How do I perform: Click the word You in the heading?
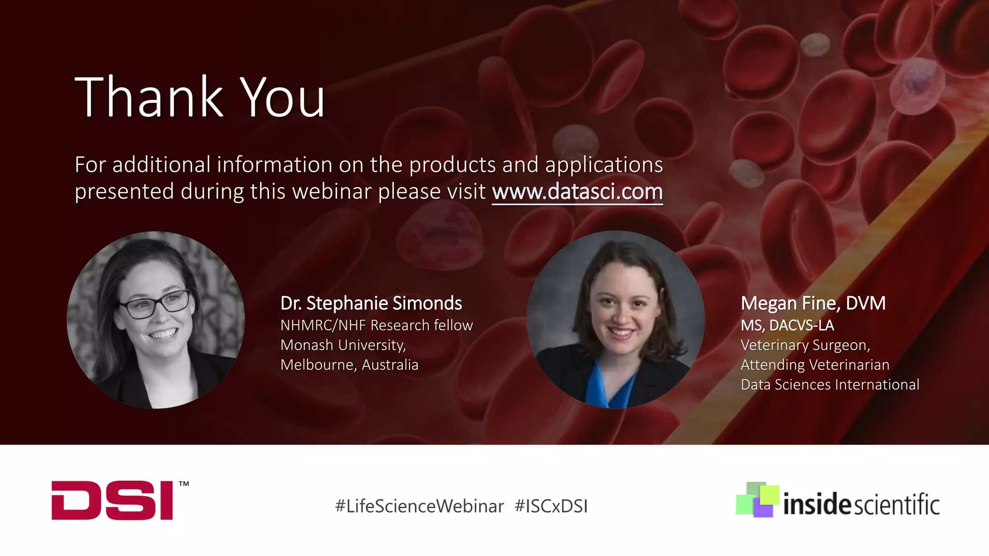point(283,98)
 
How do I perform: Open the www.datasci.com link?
point(577,192)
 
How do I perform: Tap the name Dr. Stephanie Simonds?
point(371,304)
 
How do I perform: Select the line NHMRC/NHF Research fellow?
point(376,325)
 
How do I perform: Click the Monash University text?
point(343,345)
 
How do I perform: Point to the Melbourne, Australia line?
point(349,365)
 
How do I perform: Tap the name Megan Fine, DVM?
point(813,304)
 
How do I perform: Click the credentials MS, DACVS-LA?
point(787,325)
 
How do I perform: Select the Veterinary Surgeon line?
point(805,345)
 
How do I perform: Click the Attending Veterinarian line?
point(815,365)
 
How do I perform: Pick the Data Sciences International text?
point(830,385)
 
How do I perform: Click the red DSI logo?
point(112,500)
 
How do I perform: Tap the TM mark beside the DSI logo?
point(184,484)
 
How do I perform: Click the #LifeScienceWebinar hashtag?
point(419,506)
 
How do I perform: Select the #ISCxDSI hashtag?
point(551,506)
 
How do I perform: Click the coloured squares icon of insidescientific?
point(757,500)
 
